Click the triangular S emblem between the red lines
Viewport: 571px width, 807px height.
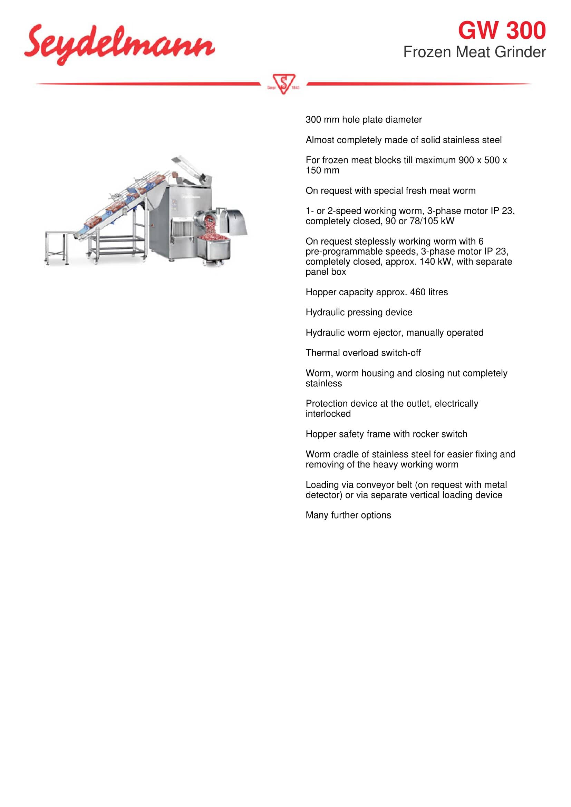283,83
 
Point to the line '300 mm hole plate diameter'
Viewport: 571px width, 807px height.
363,119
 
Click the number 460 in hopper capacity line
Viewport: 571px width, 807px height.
417,292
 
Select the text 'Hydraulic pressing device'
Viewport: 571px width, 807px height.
359,312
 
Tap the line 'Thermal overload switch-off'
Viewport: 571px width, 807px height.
363,353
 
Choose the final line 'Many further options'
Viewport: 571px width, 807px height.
348,515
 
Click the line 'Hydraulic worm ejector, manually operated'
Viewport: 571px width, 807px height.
394,333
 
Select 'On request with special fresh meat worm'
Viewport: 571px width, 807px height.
390,190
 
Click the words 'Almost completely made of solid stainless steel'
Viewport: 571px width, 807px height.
403,140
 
